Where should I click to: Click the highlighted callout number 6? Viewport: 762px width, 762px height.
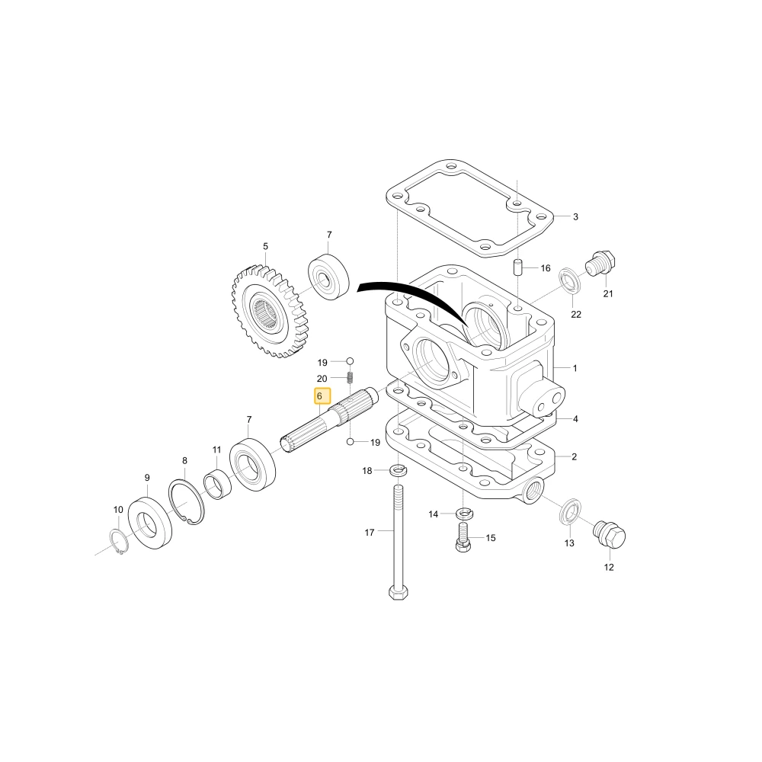(x=319, y=396)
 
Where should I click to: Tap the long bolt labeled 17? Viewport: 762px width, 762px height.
(x=398, y=541)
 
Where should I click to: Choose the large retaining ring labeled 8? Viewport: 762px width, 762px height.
(x=187, y=502)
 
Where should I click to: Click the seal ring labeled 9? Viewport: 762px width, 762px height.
(x=149, y=523)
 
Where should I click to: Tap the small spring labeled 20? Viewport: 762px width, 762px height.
(x=350, y=378)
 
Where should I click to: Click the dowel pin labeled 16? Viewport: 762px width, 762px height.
(x=518, y=267)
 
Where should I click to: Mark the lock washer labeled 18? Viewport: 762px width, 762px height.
(x=398, y=470)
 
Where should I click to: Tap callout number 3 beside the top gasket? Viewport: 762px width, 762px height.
(x=575, y=216)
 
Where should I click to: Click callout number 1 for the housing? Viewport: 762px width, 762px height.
(x=575, y=368)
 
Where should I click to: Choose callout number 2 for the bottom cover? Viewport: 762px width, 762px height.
(x=574, y=456)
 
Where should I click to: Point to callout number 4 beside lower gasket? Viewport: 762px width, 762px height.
(x=575, y=419)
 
